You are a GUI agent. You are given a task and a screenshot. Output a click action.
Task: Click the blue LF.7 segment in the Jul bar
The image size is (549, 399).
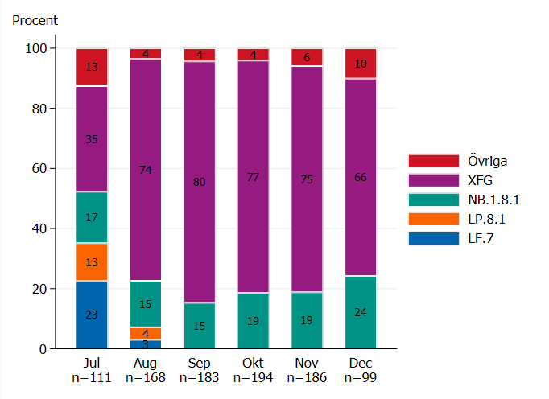pos(92,315)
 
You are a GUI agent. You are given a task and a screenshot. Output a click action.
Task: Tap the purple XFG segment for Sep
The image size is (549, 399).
pos(200,182)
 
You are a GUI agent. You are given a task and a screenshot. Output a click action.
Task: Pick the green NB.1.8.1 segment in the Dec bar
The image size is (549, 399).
pos(361,312)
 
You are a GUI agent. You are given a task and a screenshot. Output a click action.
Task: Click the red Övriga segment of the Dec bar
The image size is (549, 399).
pos(361,64)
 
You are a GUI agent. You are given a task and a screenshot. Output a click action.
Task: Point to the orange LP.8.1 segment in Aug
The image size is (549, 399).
pos(146,333)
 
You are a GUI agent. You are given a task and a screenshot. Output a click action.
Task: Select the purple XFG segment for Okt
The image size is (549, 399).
pos(254,177)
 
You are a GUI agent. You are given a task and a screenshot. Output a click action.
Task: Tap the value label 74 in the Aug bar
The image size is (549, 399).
pos(146,169)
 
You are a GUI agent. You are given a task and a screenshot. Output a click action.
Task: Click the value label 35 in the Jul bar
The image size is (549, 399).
pos(92,139)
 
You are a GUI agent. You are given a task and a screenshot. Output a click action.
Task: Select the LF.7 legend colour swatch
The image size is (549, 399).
pos(433,238)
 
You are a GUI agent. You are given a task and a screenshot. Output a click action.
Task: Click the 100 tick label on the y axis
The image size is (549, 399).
pos(36,48)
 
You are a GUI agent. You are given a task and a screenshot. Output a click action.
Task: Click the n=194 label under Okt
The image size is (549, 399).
pos(254,377)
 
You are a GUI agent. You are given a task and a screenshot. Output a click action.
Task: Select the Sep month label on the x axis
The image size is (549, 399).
pos(200,363)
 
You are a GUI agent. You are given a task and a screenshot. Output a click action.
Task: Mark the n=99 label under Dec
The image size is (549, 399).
pos(361,377)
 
